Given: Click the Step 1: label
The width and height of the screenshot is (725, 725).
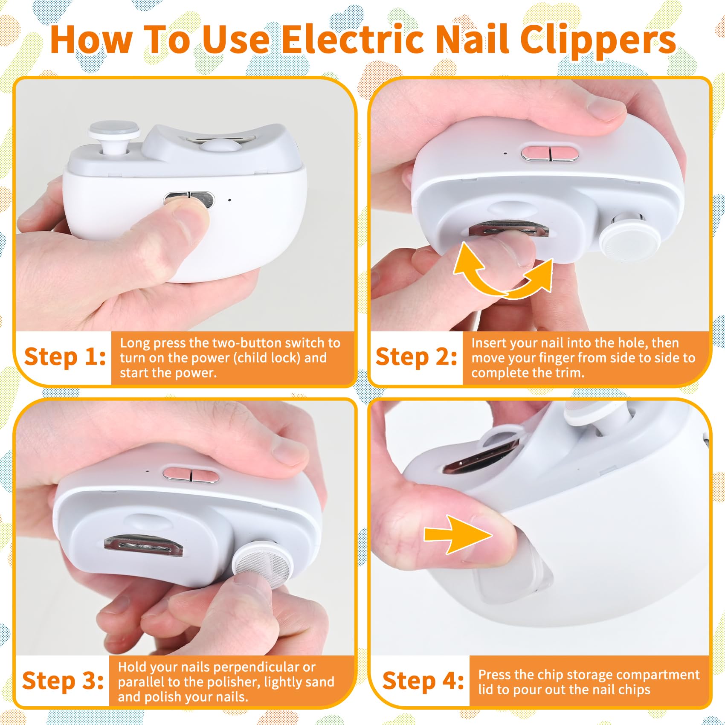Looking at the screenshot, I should (x=65, y=357).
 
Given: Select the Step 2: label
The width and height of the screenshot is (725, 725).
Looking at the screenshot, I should (x=416, y=357).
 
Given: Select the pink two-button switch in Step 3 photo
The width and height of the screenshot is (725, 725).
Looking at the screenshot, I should (x=191, y=475).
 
